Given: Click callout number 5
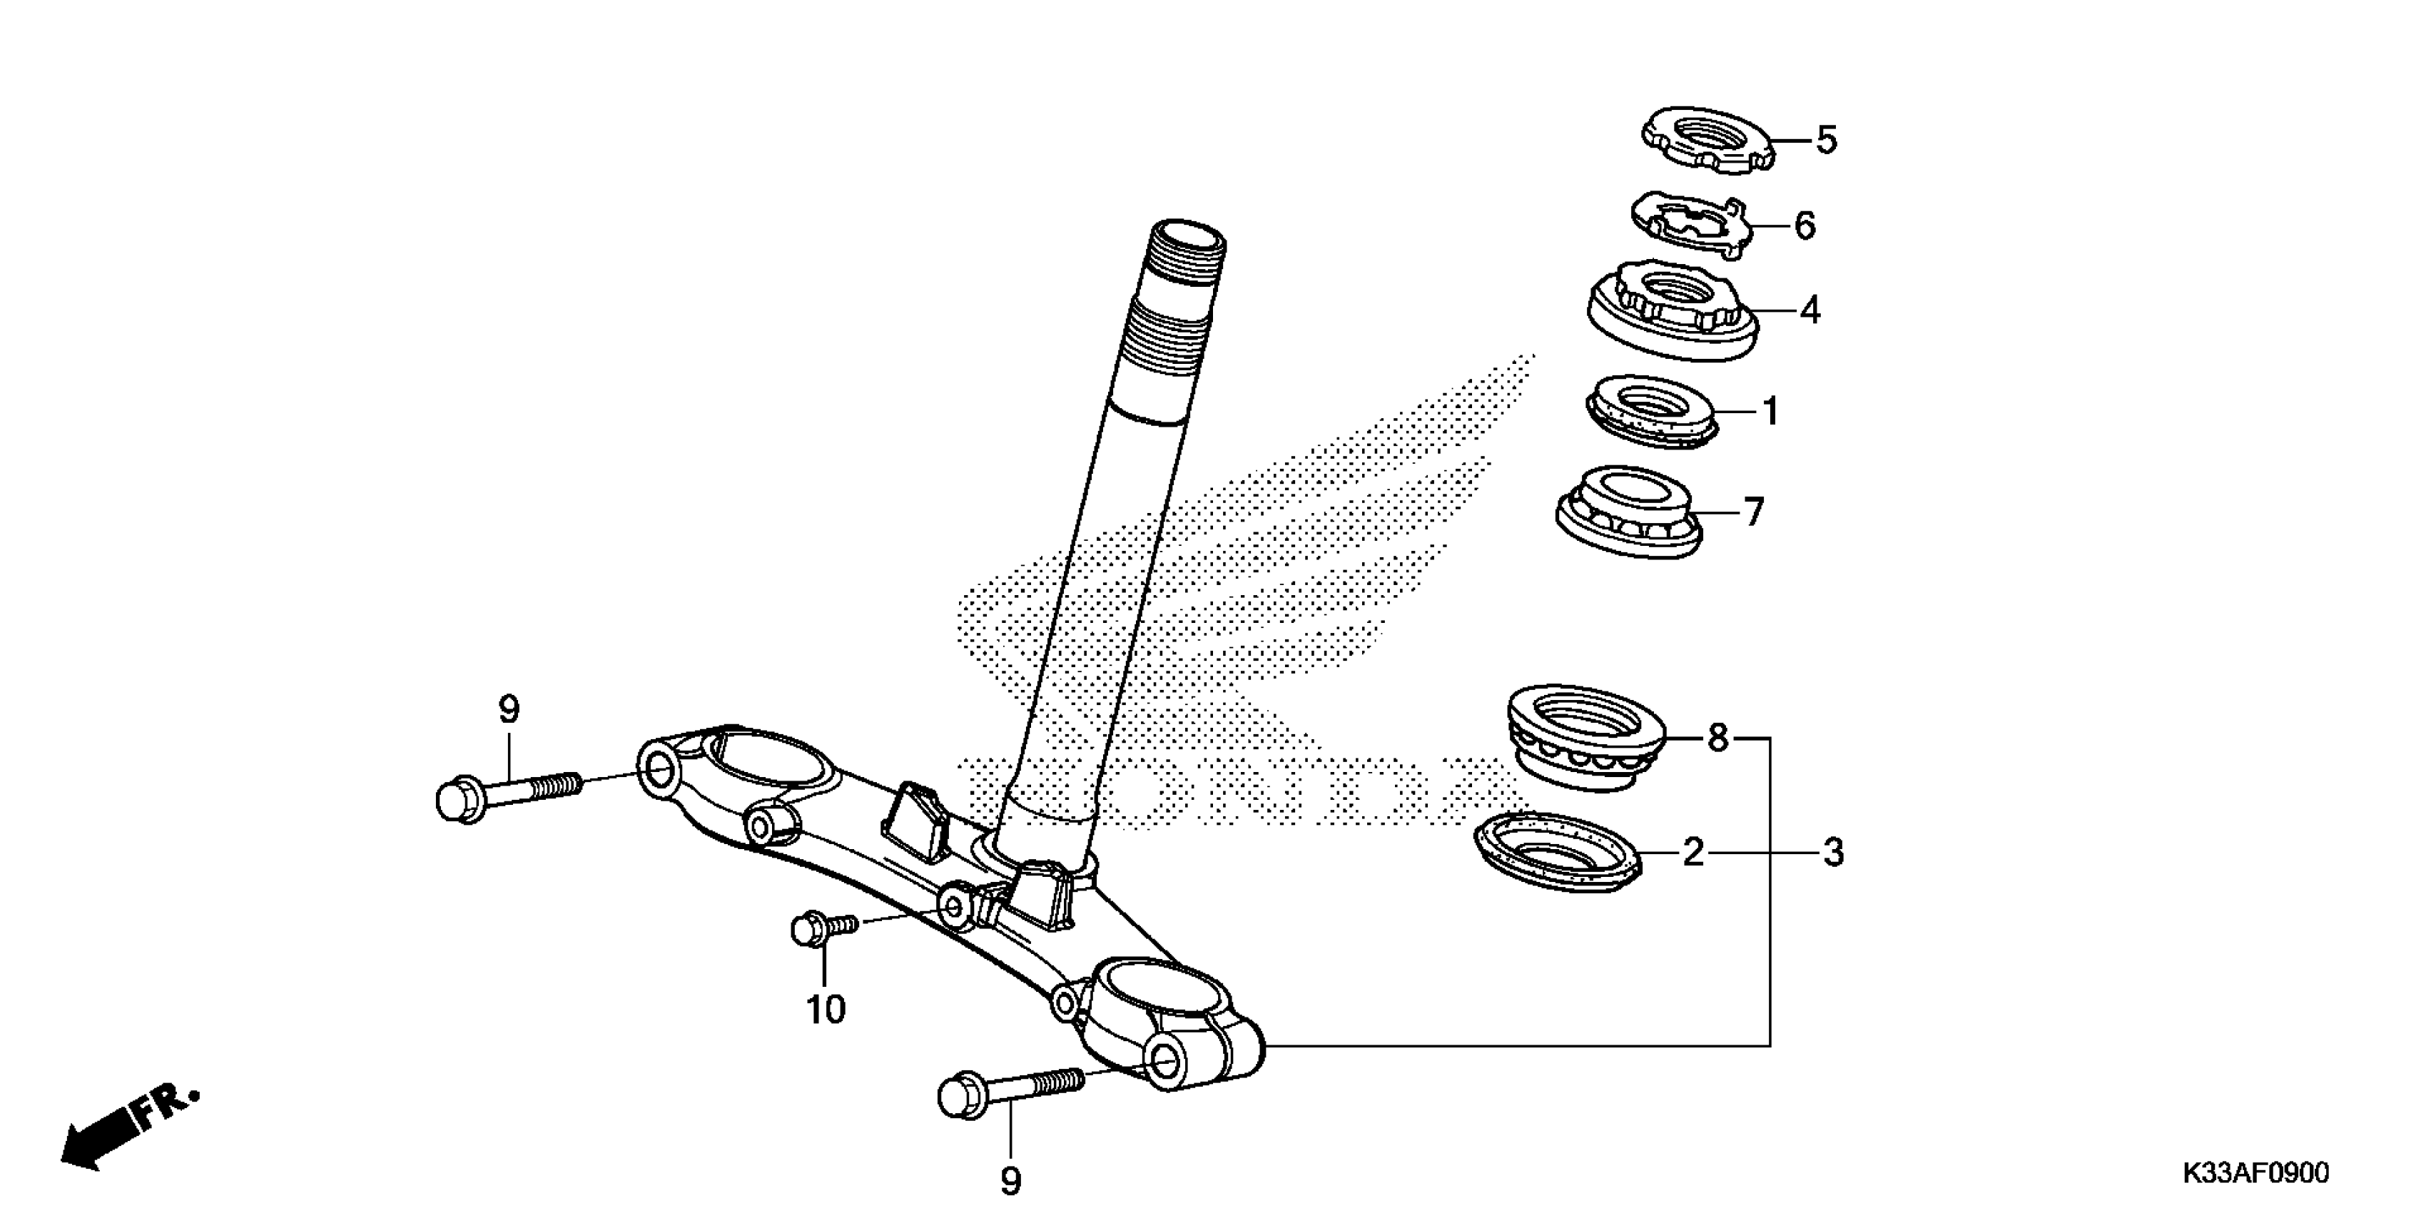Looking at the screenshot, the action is [x=1826, y=141].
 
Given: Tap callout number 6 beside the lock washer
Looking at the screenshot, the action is [x=1805, y=226].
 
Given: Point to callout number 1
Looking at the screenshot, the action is [x=1770, y=412].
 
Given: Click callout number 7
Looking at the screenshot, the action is [x=1752, y=512].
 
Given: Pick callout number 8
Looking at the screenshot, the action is [x=1717, y=739].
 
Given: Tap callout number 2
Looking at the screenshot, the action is [x=1693, y=853].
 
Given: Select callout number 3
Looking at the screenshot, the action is [x=1832, y=853].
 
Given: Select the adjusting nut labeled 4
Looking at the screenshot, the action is [x=1672, y=311].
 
